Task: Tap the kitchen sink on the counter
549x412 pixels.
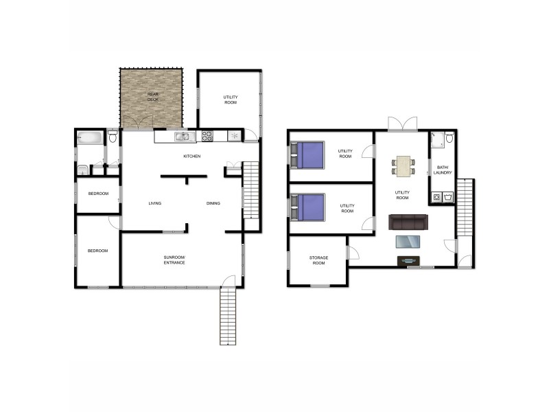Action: coord(182,137)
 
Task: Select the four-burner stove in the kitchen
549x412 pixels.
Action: coord(207,136)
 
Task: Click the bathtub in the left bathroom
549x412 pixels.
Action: coord(90,137)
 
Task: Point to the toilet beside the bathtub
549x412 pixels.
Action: coord(113,137)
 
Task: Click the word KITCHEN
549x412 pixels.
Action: coord(191,157)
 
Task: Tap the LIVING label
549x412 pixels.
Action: coord(154,203)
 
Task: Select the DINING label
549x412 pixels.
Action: coord(213,203)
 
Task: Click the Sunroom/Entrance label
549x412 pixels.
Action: coord(174,260)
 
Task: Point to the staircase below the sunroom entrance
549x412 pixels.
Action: coord(227,317)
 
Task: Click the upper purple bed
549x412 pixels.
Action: coord(307,154)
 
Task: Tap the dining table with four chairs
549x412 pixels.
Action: coord(404,165)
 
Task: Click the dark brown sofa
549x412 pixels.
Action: coord(408,222)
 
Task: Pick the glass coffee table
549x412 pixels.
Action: coord(410,241)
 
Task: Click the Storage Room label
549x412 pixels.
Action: coord(319,260)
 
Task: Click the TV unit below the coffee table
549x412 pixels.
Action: coord(409,260)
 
